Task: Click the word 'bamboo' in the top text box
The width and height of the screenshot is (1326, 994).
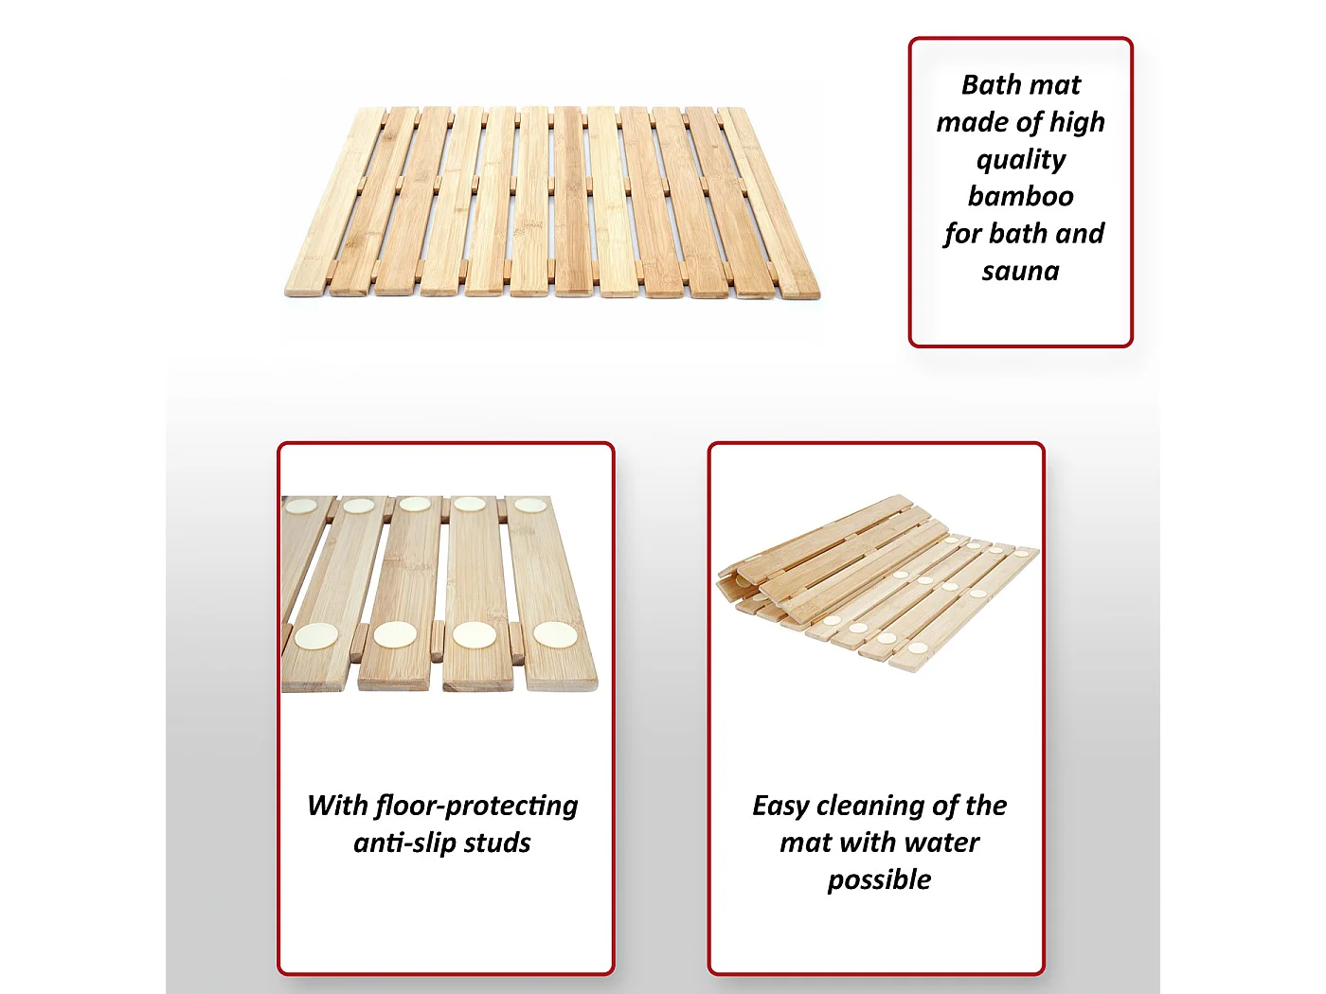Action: click(x=1020, y=196)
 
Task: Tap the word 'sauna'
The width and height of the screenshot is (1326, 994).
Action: click(x=1020, y=271)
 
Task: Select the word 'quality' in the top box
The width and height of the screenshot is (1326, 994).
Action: click(x=1021, y=160)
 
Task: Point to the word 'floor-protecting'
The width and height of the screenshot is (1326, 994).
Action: click(x=476, y=806)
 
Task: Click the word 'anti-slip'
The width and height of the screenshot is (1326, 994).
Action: click(x=403, y=843)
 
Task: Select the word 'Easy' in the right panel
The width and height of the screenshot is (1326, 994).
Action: click(x=779, y=807)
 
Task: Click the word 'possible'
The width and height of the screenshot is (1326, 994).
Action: click(x=879, y=880)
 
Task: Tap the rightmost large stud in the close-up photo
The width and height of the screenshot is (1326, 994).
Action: click(x=555, y=634)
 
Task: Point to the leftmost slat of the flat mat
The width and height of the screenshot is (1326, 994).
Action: click(x=333, y=203)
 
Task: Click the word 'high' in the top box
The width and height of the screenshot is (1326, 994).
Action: click(x=1077, y=123)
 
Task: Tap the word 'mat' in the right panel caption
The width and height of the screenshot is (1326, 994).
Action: click(x=801, y=843)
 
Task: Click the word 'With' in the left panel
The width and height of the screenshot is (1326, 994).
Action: click(x=336, y=806)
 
